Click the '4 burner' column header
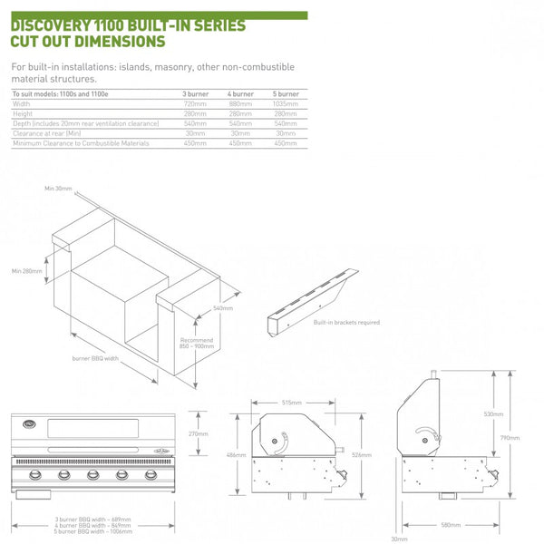pyautogui.click(x=240, y=93)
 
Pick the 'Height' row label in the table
pyautogui.click(x=22, y=113)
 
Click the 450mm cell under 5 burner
pyautogui.click(x=286, y=143)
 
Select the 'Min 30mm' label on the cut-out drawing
pyautogui.click(x=57, y=188)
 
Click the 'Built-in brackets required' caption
pyautogui.click(x=346, y=322)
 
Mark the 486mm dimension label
pyautogui.click(x=234, y=453)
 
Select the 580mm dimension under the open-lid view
pyautogui.click(x=451, y=525)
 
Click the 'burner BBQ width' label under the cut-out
pyautogui.click(x=96, y=358)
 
